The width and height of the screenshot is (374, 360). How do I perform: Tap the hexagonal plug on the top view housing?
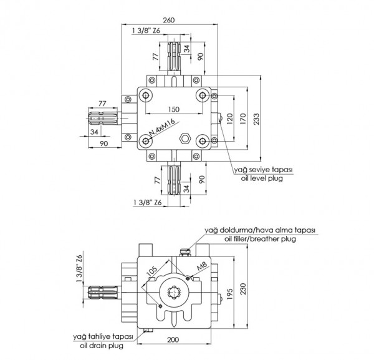(185, 139)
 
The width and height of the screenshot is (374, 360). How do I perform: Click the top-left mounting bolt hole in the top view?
(146, 95)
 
